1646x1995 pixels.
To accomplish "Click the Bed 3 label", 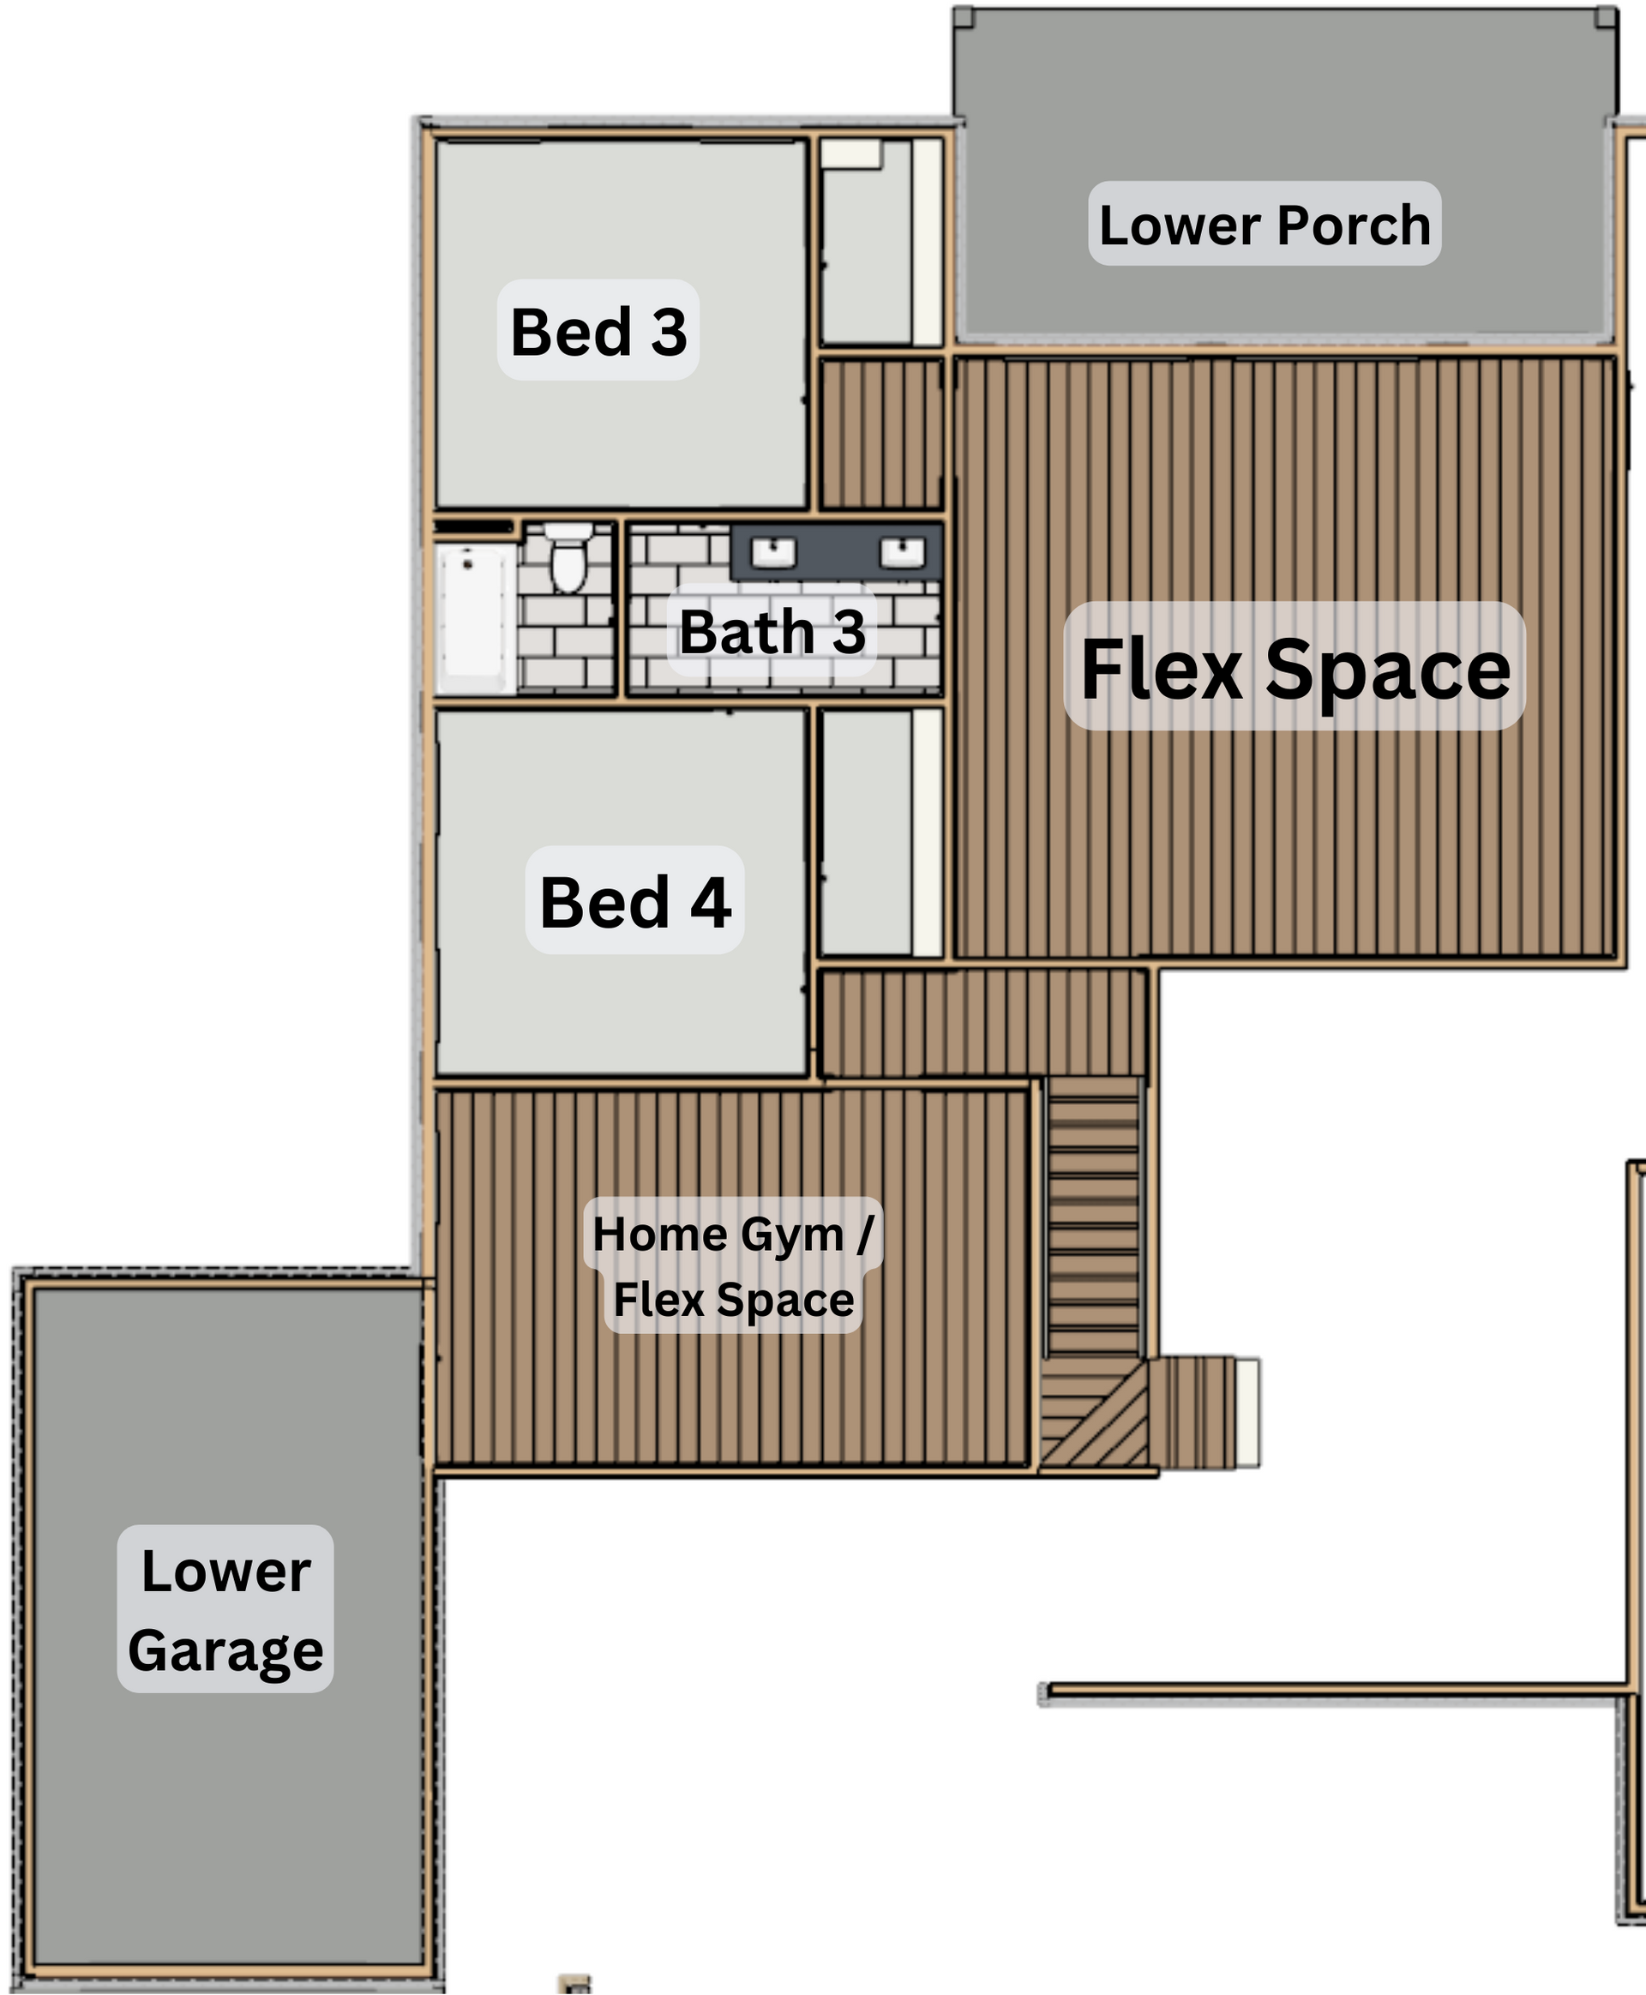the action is [598, 331].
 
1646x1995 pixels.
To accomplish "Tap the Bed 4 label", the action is [635, 901].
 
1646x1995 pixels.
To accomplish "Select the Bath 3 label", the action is [772, 632].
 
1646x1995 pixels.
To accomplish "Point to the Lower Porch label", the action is [1264, 225].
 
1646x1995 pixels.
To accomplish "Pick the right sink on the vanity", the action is [902, 552].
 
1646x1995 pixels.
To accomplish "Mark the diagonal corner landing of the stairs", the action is [1094, 1413].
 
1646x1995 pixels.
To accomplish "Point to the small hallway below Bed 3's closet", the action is [880, 435].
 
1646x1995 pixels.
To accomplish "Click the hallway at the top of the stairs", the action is [982, 1023].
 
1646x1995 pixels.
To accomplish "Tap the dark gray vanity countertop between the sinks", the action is [838, 551].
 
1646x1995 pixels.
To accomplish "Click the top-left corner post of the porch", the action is [964, 17].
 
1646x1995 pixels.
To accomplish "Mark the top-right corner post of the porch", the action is [1607, 17].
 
